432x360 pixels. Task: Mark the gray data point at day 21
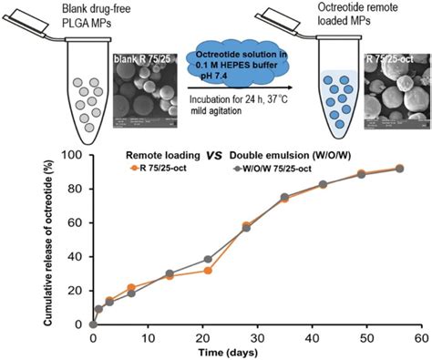(208, 260)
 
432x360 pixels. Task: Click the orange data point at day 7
(131, 287)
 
